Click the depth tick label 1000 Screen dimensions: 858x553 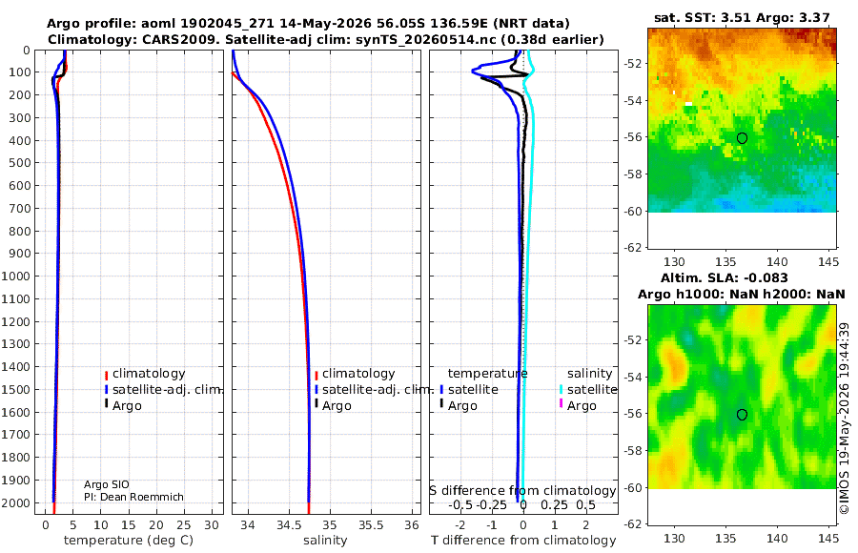click(x=15, y=276)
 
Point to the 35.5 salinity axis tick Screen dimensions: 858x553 click(x=371, y=525)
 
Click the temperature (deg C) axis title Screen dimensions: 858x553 click(x=129, y=541)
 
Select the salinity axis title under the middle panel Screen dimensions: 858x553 click(x=325, y=541)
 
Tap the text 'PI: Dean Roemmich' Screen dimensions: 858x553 click(x=133, y=497)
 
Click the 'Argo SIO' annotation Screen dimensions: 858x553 click(x=107, y=484)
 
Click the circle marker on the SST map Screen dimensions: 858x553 click(x=742, y=138)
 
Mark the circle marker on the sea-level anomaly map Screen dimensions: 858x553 click(x=742, y=415)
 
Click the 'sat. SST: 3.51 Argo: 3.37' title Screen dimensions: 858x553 click(x=742, y=18)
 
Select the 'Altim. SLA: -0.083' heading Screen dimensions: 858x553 click(x=724, y=277)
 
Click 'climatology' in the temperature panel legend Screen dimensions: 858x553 click(x=149, y=374)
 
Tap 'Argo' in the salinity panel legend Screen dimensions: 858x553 click(x=336, y=406)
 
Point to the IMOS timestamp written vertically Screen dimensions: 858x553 click(x=845, y=419)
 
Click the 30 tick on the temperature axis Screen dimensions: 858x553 click(x=212, y=525)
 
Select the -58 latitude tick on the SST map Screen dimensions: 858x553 click(x=632, y=174)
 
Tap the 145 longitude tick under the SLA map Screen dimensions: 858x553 click(x=827, y=538)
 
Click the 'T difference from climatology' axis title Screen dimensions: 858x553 click(x=523, y=541)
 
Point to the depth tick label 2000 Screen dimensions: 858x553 click(x=15, y=502)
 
